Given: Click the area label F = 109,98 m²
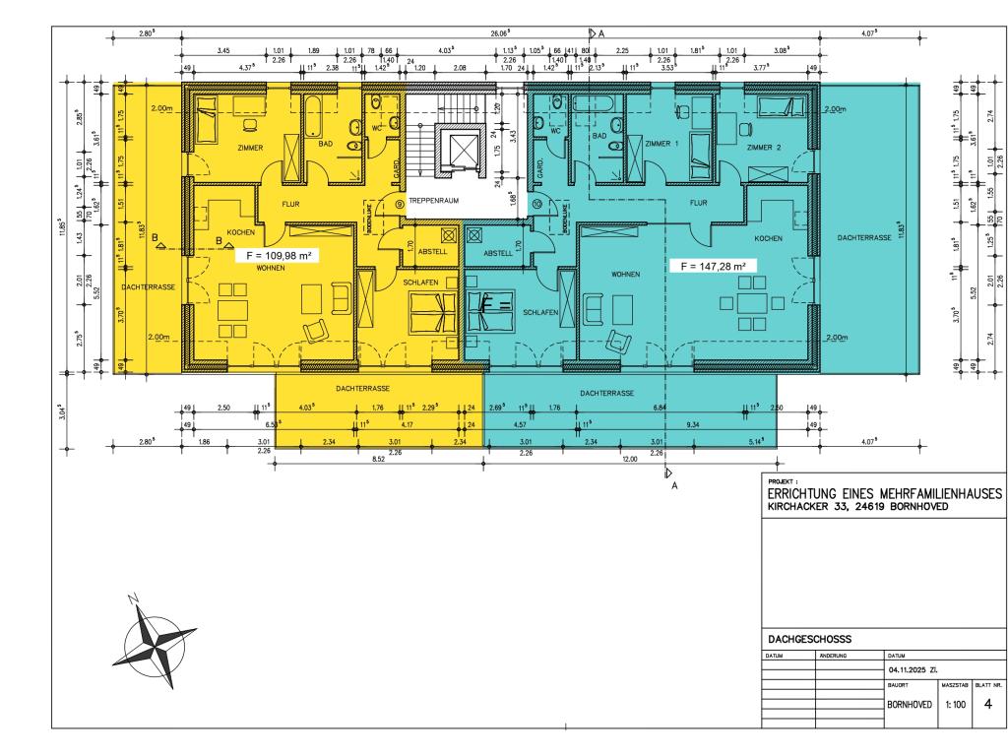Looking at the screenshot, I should (277, 256).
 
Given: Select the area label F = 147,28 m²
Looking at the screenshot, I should (707, 266).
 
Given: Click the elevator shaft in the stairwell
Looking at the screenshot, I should (462, 151).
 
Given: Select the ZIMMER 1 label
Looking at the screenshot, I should (662, 144).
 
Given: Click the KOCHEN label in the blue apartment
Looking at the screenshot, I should (767, 239).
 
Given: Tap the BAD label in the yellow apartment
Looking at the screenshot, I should (325, 144).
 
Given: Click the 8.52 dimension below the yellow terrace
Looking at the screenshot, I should (378, 460).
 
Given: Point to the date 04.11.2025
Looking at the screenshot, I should (912, 669).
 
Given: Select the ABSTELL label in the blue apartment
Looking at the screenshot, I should (498, 252).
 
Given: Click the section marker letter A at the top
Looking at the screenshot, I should (600, 32).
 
